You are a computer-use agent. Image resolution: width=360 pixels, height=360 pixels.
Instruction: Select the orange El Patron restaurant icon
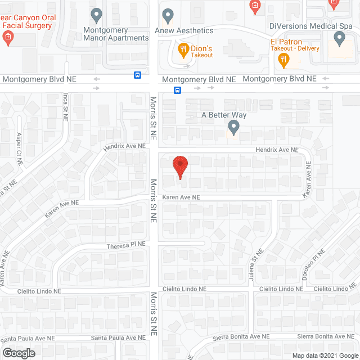click(284, 58)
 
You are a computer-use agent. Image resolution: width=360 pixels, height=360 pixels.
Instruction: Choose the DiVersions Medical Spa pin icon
click(339, 38)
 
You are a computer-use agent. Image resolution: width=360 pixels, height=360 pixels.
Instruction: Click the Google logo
click(18, 353)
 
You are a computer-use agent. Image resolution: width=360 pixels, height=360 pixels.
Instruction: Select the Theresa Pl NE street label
click(127, 246)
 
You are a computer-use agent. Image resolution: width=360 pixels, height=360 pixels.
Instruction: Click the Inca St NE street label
click(65, 109)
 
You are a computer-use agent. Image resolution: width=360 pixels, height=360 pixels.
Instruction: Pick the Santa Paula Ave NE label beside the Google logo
click(28, 339)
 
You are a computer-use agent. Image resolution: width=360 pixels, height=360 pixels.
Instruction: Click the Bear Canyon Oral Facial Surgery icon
click(8, 38)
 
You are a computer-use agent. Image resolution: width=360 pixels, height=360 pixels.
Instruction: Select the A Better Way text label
click(224, 115)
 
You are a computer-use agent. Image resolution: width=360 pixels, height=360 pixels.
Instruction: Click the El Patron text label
click(286, 42)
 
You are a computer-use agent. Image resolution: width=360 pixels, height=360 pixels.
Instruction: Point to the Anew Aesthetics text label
click(188, 30)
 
